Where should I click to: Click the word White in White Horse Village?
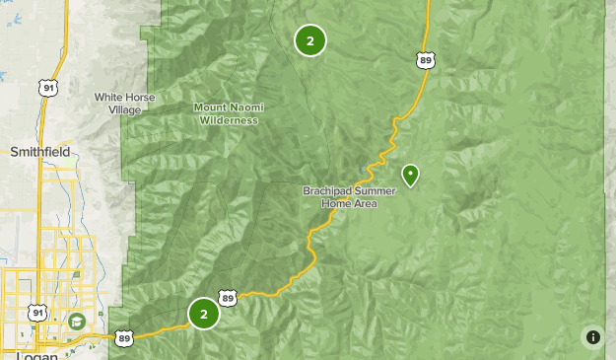click(110, 97)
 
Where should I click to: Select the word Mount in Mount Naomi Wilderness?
click(211, 108)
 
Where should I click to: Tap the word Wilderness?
click(228, 120)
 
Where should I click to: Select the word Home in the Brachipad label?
click(343, 203)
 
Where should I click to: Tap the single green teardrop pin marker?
click(410, 175)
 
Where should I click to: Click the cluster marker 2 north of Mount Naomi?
click(310, 40)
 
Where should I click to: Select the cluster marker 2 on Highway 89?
click(204, 314)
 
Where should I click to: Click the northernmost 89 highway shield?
click(425, 61)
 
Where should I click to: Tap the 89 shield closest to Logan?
click(124, 337)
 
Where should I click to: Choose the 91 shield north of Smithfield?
click(48, 88)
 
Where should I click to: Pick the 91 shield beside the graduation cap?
click(38, 313)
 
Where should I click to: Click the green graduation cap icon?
click(77, 321)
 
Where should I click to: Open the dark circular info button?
click(593, 337)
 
